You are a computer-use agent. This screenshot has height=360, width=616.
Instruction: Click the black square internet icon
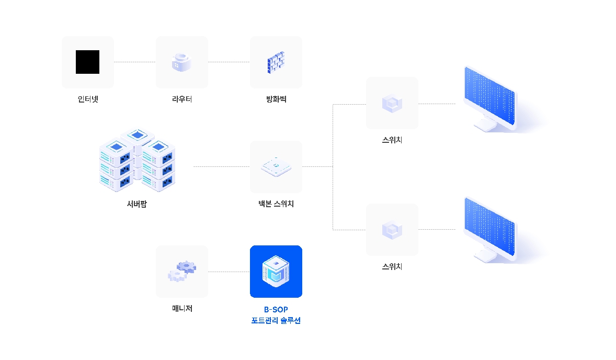pyautogui.click(x=87, y=62)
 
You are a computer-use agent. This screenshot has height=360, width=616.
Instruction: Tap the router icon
pyautogui.click(x=182, y=62)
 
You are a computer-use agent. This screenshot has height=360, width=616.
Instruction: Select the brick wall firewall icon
pyautogui.click(x=276, y=62)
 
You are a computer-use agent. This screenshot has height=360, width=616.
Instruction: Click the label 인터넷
pyautogui.click(x=87, y=98)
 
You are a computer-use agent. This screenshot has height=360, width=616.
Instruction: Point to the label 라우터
pyautogui.click(x=182, y=98)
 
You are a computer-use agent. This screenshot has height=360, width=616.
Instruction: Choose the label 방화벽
pyautogui.click(x=276, y=98)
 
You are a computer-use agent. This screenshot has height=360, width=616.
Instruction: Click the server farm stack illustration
pyautogui.click(x=137, y=159)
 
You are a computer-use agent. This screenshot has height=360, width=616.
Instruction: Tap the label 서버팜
pyautogui.click(x=137, y=204)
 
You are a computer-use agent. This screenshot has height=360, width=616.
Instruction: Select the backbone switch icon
pyautogui.click(x=276, y=167)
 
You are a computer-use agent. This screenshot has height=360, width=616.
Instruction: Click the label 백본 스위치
pyautogui.click(x=276, y=204)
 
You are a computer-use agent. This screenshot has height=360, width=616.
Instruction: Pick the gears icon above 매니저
pyautogui.click(x=182, y=272)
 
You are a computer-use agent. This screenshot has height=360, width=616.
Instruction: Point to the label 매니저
pyautogui.click(x=182, y=309)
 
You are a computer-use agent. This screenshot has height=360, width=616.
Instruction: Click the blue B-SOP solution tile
pyautogui.click(x=276, y=272)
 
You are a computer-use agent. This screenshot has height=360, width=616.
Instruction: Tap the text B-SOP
pyautogui.click(x=276, y=310)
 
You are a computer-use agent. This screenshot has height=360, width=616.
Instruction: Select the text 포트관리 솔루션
pyautogui.click(x=276, y=321)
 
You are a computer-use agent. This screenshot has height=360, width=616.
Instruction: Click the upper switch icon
pyautogui.click(x=392, y=103)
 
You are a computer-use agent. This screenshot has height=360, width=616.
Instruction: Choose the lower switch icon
pyautogui.click(x=392, y=229)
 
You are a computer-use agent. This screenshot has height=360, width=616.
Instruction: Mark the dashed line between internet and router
pyautogui.click(x=134, y=62)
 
